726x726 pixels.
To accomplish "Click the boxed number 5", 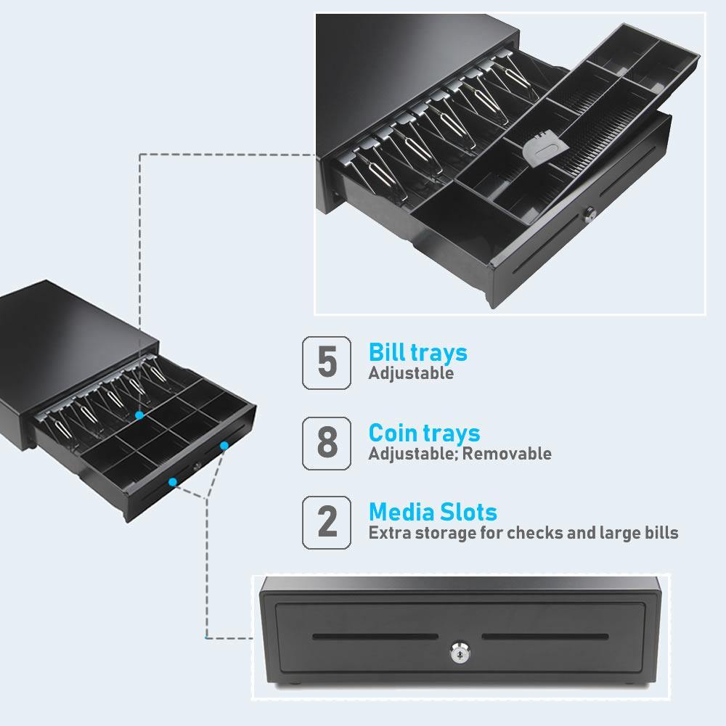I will [x=327, y=362].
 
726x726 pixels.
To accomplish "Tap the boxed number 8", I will [x=327, y=442].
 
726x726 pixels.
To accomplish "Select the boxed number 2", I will [x=327, y=522].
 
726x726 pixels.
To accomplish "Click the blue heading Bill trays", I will [x=417, y=353].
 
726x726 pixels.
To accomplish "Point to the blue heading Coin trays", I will [x=424, y=433].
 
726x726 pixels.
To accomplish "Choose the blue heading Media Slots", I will [x=433, y=512].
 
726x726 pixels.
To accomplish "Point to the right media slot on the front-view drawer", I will [x=545, y=638].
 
